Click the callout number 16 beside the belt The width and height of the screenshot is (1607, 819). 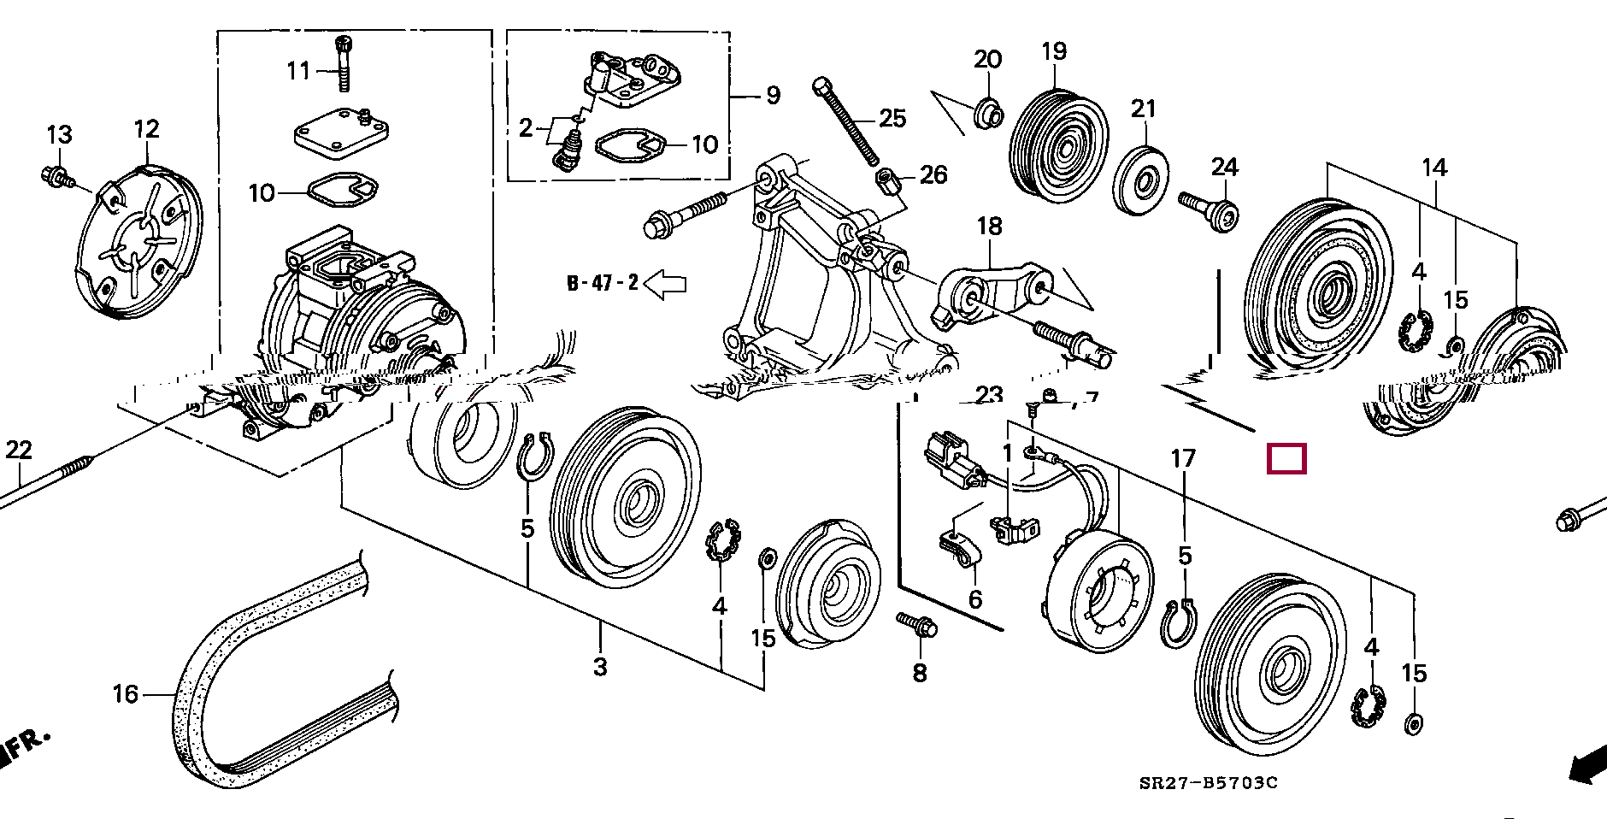tap(125, 693)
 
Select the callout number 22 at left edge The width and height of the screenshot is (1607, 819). tap(18, 450)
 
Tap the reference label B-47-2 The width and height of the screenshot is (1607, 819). tap(603, 283)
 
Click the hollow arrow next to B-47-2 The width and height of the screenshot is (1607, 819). tap(665, 284)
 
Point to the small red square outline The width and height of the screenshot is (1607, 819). tap(1286, 459)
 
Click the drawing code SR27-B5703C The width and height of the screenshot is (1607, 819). tap(1208, 783)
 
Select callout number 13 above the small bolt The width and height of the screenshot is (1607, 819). tap(59, 135)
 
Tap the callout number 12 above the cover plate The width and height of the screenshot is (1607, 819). tap(147, 129)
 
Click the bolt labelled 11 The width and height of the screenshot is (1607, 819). tap(344, 63)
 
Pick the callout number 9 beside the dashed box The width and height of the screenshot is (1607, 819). tap(773, 95)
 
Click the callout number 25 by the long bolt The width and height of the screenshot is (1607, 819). tap(892, 118)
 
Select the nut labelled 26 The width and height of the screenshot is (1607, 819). tap(885, 180)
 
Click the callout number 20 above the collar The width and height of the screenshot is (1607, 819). tap(987, 59)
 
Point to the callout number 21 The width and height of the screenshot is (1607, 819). tap(1143, 109)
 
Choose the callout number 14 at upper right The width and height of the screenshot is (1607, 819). tap(1434, 168)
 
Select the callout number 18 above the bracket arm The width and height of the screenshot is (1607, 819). tap(989, 227)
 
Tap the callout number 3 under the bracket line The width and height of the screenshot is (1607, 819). tap(600, 666)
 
